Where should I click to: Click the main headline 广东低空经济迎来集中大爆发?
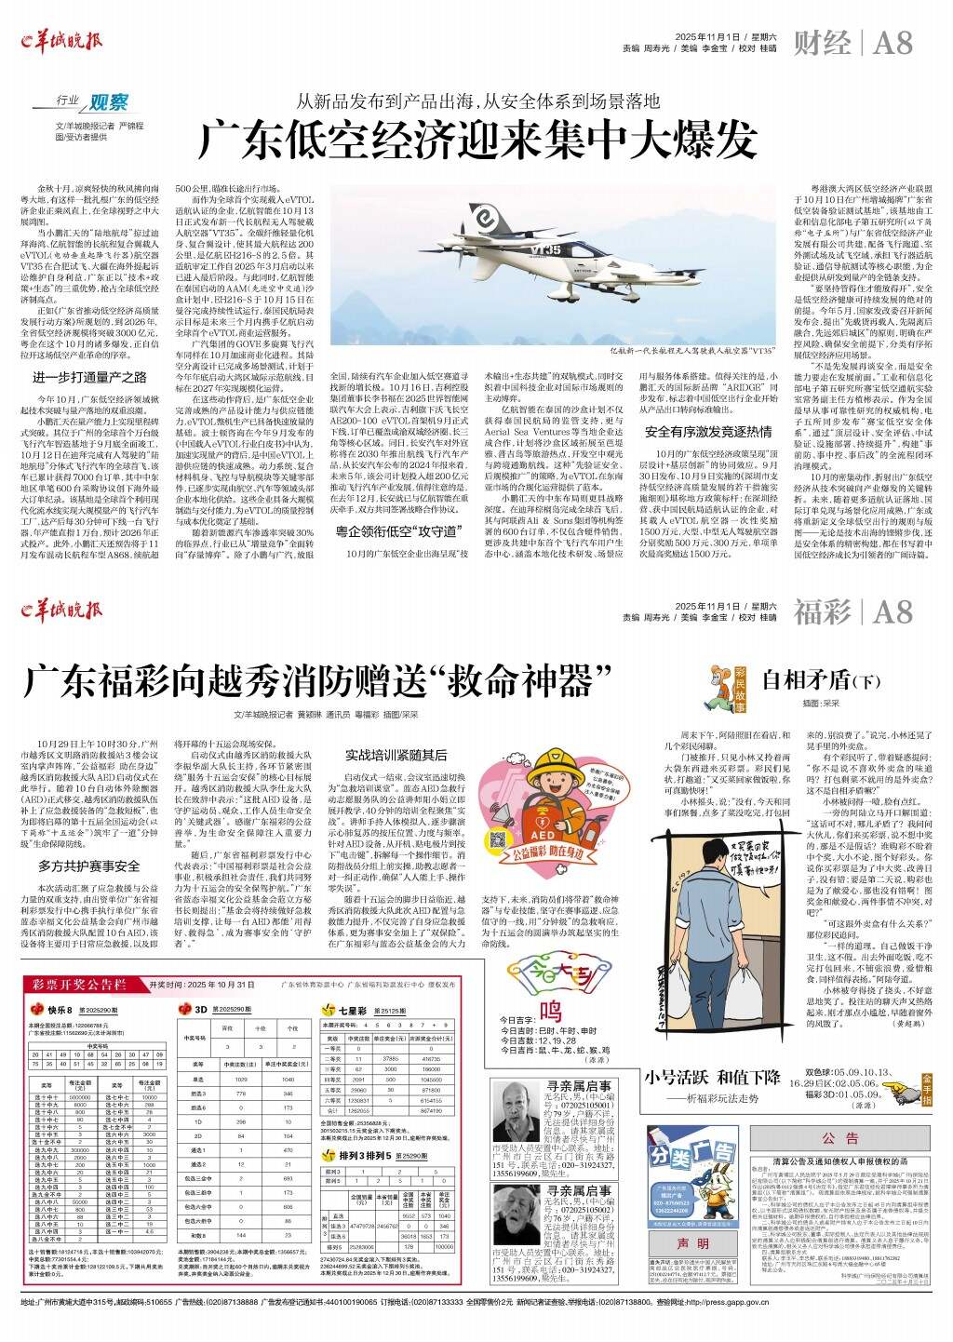(476, 140)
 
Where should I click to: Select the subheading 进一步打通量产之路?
(89, 377)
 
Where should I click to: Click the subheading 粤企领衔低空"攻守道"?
(397, 531)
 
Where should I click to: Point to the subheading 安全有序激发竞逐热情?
(708, 432)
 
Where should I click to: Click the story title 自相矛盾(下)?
(810, 678)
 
